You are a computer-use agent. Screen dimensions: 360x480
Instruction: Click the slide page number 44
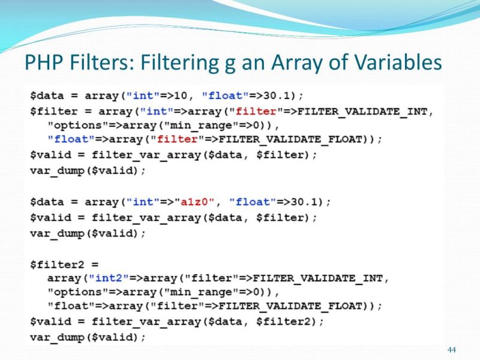click(x=452, y=350)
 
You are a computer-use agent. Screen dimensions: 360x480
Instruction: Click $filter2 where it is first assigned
click(x=55, y=263)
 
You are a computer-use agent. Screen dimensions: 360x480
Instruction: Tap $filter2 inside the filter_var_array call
click(x=284, y=322)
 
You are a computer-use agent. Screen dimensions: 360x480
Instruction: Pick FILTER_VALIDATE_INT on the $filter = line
click(x=365, y=111)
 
